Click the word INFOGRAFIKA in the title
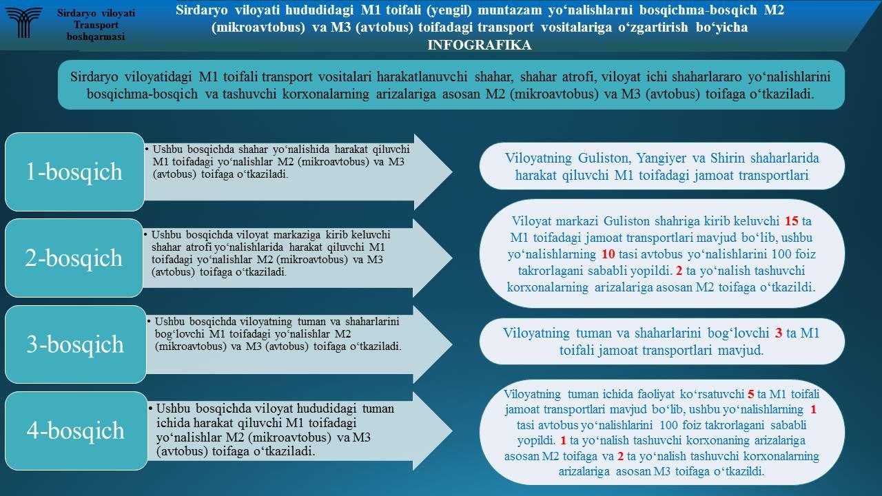[x=480, y=45]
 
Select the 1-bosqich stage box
[x=74, y=172]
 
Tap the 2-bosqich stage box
[x=74, y=258]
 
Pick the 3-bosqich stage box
[x=75, y=344]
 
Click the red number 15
[x=791, y=221]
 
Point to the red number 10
[x=608, y=254]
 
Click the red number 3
[x=778, y=333]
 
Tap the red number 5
[x=751, y=395]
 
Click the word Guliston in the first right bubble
[x=604, y=158]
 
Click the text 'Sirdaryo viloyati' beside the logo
[x=96, y=13]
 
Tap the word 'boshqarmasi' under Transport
[x=96, y=37]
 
